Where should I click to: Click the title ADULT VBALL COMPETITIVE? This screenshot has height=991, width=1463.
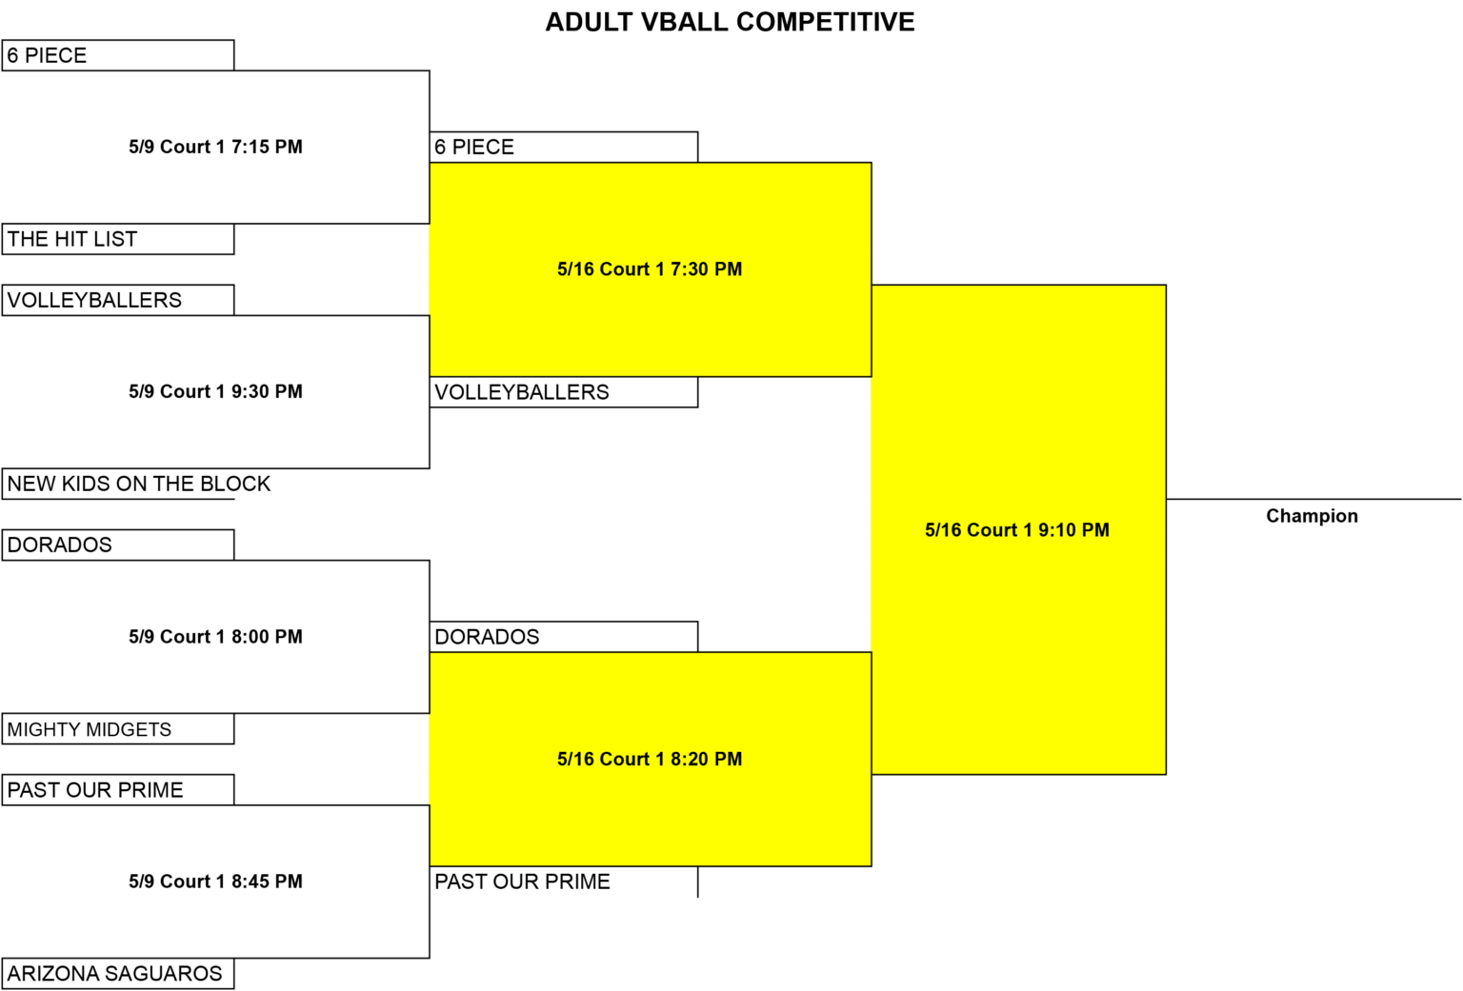[x=730, y=22]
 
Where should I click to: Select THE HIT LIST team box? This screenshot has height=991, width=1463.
[x=118, y=239]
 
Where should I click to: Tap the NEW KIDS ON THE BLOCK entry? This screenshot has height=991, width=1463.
[x=138, y=484]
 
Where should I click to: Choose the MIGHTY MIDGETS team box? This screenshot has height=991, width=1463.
[x=118, y=728]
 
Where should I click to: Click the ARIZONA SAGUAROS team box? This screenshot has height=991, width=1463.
[x=118, y=973]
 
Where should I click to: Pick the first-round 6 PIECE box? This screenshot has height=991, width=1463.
[x=118, y=55]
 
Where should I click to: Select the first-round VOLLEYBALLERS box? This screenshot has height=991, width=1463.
[x=118, y=300]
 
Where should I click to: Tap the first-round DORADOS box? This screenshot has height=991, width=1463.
[x=118, y=545]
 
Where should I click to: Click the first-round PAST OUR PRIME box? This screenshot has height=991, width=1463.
[x=118, y=790]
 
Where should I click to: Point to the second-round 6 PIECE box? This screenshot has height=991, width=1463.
[x=564, y=147]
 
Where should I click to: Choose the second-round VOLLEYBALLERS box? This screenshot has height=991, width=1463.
[x=564, y=391]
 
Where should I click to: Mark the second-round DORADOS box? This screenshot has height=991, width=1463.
[x=564, y=637]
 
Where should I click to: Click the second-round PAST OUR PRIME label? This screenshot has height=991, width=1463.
[x=523, y=882]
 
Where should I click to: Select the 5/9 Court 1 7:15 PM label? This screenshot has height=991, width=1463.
[x=215, y=147]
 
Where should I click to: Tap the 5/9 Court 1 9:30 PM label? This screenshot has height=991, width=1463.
[x=215, y=391]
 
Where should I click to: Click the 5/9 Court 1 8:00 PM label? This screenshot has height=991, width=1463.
[x=215, y=637]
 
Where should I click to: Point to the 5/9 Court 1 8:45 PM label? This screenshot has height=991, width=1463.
[x=215, y=882]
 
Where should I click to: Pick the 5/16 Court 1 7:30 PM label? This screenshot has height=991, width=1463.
[x=650, y=269]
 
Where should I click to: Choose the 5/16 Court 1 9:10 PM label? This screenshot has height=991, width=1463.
[x=1017, y=530]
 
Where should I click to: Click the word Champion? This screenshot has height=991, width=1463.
[x=1313, y=516]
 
